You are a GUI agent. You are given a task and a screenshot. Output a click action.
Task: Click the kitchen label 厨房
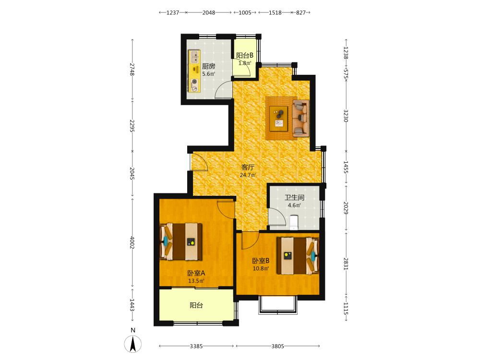pyautogui.click(x=208, y=66)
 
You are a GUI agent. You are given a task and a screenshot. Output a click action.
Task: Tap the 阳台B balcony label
pyautogui.click(x=245, y=55)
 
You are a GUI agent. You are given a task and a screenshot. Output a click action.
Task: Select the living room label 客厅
pyautogui.click(x=248, y=167)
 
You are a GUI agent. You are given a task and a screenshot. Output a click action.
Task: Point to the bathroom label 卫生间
pyautogui.click(x=294, y=197)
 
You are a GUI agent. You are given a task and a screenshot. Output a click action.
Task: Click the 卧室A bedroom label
pyautogui.click(x=196, y=273)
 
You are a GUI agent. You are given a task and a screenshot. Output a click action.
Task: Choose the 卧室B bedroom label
pyautogui.click(x=261, y=261)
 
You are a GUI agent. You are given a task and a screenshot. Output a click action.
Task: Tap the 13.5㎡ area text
pyautogui.click(x=196, y=281)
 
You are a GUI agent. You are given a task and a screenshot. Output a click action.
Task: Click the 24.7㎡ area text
pyautogui.click(x=248, y=175)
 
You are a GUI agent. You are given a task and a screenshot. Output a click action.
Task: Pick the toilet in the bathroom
pyautogui.click(x=294, y=223)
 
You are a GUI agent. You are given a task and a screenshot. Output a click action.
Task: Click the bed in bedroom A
pyautogui.click(x=180, y=242)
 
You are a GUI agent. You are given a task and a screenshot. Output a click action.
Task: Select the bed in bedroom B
pyautogui.click(x=298, y=256)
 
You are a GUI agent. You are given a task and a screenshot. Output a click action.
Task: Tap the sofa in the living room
pyautogui.click(x=300, y=118)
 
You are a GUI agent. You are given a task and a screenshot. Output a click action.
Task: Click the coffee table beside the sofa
pyautogui.click(x=278, y=119)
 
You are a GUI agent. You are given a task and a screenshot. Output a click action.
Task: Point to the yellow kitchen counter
pyautogui.click(x=194, y=72)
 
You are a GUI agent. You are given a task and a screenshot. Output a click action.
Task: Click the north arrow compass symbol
pyautogui.click(x=133, y=344)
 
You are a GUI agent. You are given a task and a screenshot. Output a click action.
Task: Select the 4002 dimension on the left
pyautogui.click(x=132, y=242)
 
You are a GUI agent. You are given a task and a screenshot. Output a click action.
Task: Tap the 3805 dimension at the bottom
pyautogui.click(x=277, y=346)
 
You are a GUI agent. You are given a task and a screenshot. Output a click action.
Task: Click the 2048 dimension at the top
pyautogui.click(x=208, y=12)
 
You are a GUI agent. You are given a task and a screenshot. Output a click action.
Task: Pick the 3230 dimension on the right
pyautogui.click(x=346, y=116)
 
